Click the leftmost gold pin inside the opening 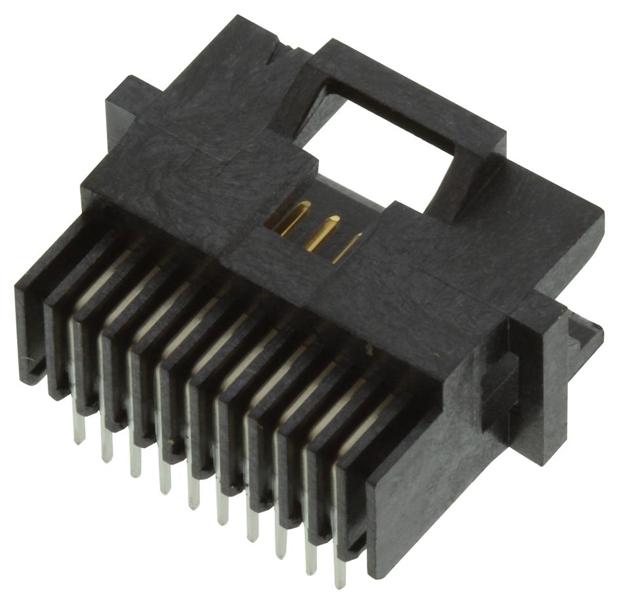[291, 219]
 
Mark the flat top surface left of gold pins [197, 164]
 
